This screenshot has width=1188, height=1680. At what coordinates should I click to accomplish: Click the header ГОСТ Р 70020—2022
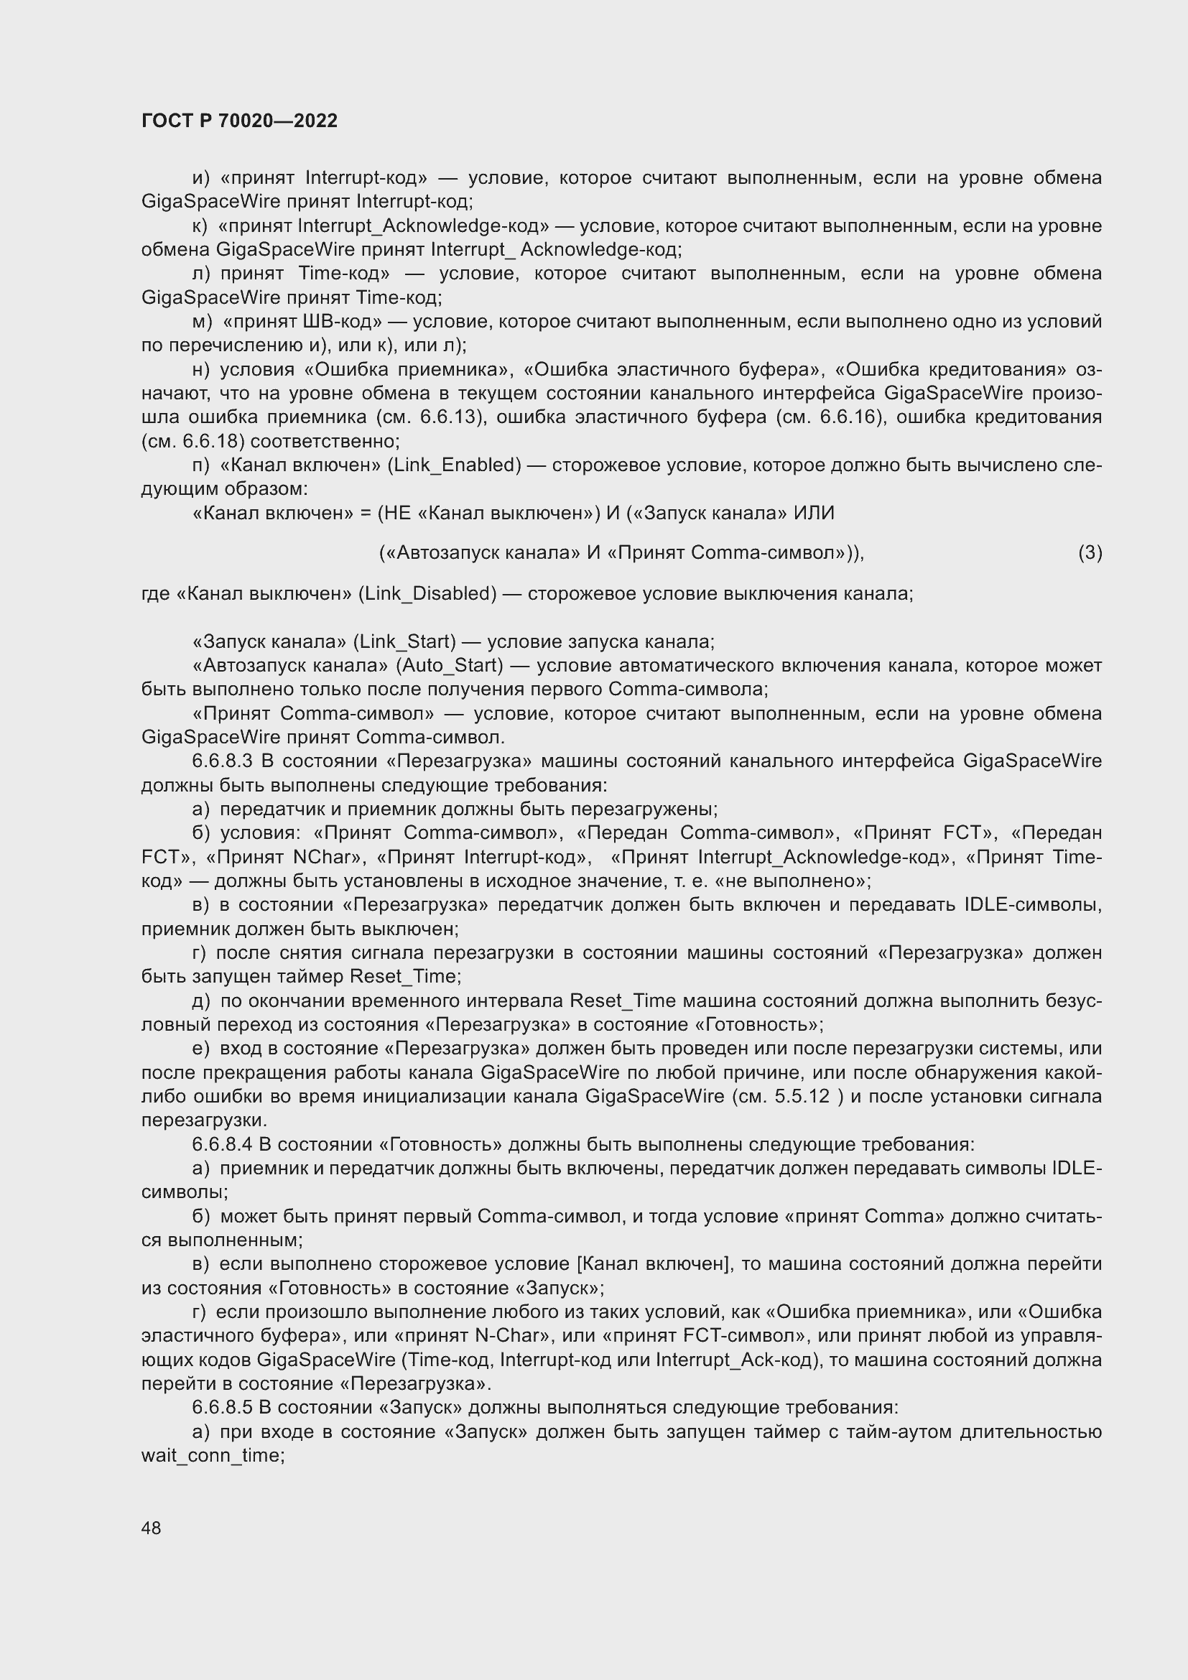coord(239,121)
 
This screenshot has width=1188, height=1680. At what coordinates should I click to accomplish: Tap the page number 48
coord(152,1528)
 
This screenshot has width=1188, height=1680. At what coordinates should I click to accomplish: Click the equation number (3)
coord(1090,552)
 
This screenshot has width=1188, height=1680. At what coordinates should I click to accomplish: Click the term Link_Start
coord(404,641)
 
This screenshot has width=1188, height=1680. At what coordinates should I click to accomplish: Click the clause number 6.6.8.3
coord(222,761)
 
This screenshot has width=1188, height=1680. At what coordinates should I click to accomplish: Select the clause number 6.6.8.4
coord(222,1145)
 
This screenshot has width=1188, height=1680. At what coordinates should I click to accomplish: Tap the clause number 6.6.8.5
coord(222,1408)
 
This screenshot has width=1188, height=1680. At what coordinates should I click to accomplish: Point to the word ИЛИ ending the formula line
coord(814,514)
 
